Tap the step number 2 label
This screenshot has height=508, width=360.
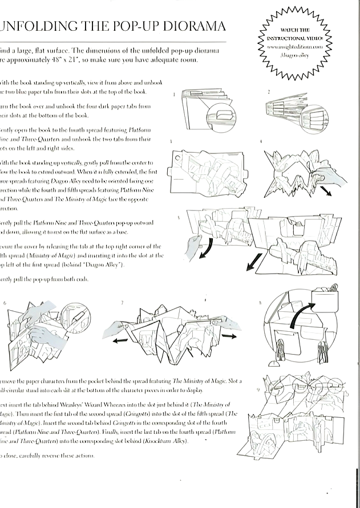(269, 91)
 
